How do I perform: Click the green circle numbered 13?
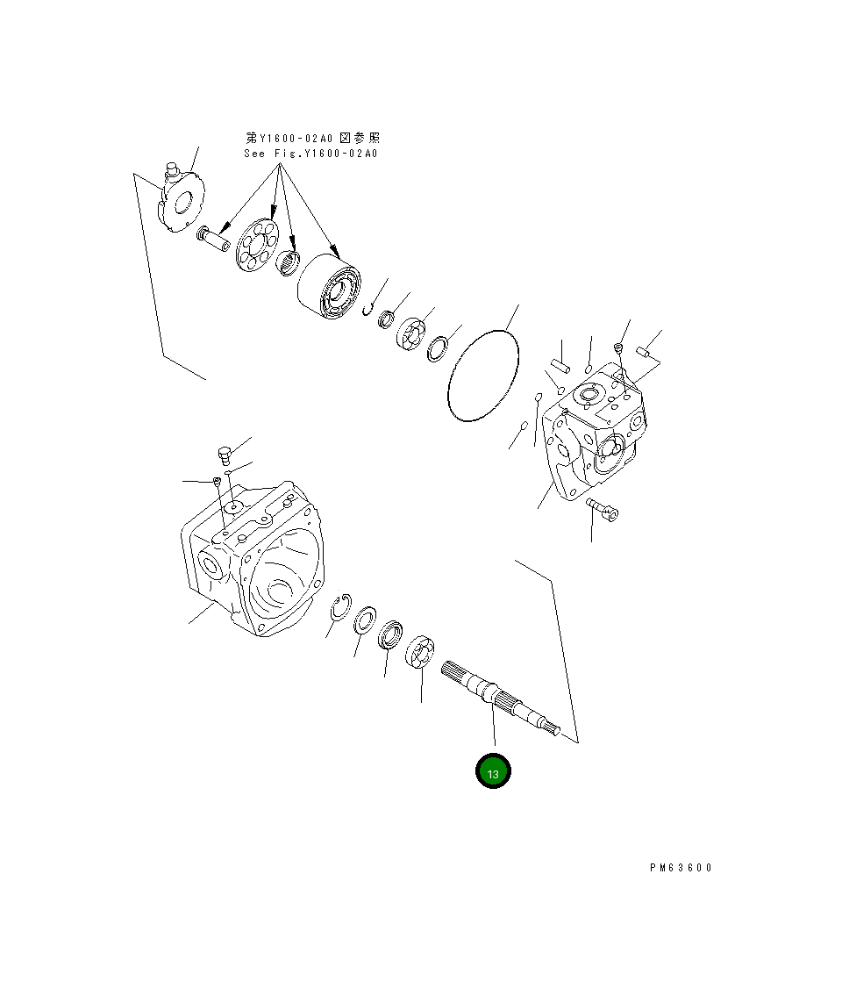pyautogui.click(x=493, y=770)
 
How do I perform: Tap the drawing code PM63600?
pyautogui.click(x=681, y=867)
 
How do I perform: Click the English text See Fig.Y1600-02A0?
pyautogui.click(x=310, y=154)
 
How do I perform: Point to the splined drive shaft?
pyautogui.click(x=500, y=698)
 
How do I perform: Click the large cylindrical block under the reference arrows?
pyautogui.click(x=329, y=286)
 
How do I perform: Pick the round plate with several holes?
pyautogui.click(x=256, y=244)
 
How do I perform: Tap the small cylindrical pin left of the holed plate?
pyautogui.click(x=213, y=239)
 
